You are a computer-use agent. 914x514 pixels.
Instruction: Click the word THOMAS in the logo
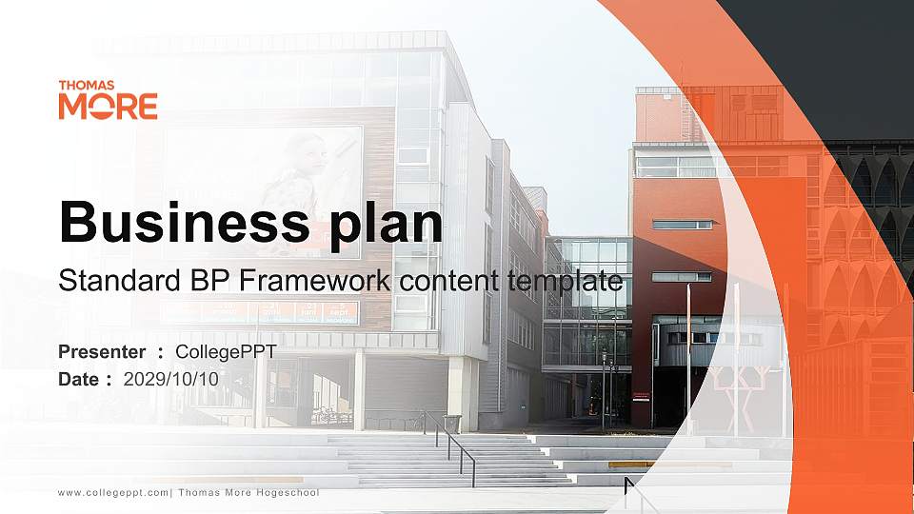click(87, 86)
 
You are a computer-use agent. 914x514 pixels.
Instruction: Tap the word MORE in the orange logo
click(108, 107)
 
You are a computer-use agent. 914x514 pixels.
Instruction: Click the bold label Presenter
click(102, 352)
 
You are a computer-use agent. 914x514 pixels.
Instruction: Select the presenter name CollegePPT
click(226, 352)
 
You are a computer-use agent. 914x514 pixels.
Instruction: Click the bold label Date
click(79, 379)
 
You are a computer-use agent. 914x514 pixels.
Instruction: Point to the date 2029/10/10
click(171, 379)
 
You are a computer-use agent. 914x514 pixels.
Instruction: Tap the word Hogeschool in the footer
click(288, 493)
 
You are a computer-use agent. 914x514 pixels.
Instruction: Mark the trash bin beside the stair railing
click(451, 424)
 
